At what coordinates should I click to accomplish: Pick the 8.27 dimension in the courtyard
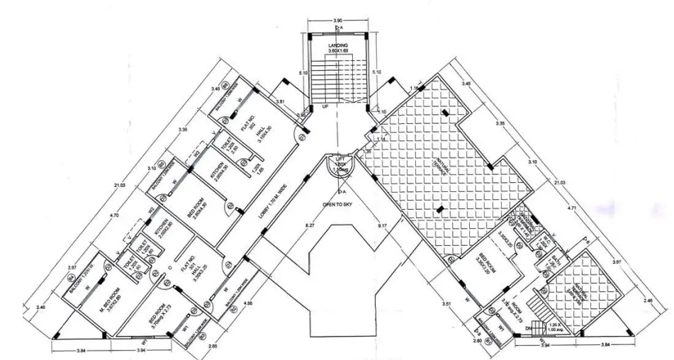(309, 226)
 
